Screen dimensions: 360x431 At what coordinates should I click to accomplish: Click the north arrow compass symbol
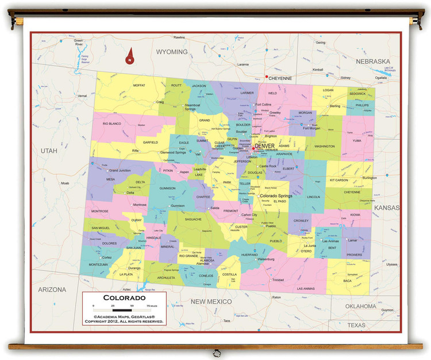[x=130, y=55]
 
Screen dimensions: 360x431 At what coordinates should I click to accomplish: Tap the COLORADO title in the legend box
[x=124, y=298]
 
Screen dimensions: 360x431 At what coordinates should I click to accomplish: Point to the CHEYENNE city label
[x=280, y=78]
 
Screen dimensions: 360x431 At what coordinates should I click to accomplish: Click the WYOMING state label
[x=172, y=52]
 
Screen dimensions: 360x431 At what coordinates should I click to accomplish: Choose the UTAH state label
[x=49, y=150]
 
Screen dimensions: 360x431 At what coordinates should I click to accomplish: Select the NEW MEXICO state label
[x=211, y=301]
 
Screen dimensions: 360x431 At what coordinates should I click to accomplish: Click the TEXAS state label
[x=356, y=325]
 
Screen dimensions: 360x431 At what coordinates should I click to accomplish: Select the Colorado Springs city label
[x=276, y=196]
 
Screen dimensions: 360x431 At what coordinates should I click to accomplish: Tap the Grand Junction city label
[x=120, y=170]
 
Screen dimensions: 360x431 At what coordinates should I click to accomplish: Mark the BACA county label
[x=347, y=281]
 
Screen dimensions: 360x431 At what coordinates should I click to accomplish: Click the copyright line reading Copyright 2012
[x=124, y=321]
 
